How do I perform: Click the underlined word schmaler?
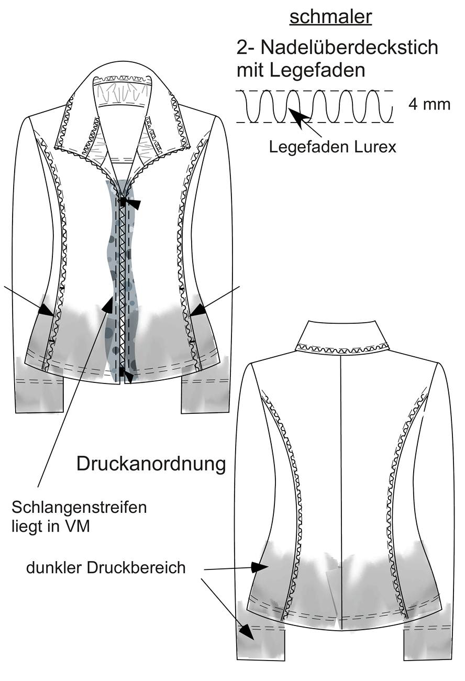(x=330, y=17)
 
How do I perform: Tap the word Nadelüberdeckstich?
(x=349, y=48)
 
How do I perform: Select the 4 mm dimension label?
(x=429, y=104)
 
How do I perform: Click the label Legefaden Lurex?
(x=333, y=147)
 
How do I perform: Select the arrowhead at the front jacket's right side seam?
(x=198, y=310)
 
